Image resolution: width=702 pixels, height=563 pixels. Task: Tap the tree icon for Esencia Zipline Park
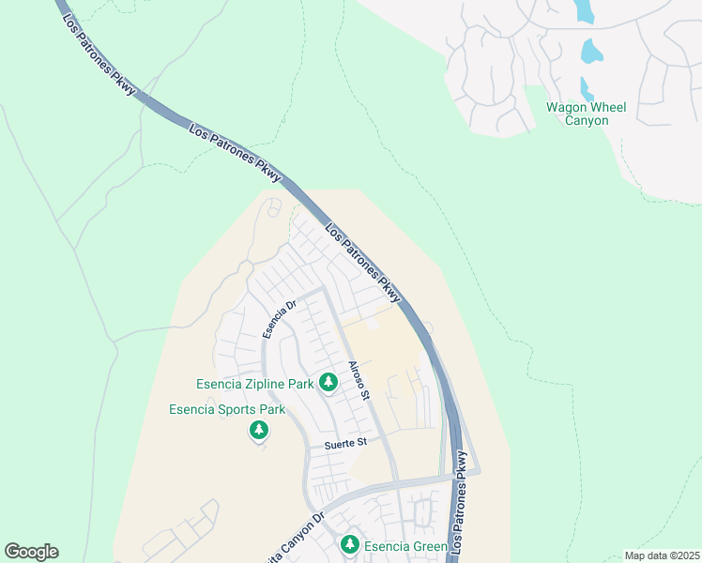[328, 383]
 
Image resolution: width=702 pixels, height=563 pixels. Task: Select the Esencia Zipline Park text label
[253, 383]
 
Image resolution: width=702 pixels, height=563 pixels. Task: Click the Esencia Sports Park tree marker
[258, 431]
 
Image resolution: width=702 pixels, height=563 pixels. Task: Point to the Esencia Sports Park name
[226, 409]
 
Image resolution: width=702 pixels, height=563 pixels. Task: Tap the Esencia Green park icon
[350, 545]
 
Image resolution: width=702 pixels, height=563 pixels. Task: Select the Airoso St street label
[360, 381]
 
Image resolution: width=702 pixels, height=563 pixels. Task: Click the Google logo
[31, 552]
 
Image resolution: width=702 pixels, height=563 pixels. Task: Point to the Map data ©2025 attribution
[662, 555]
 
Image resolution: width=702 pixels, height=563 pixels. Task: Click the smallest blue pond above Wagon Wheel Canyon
[587, 89]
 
